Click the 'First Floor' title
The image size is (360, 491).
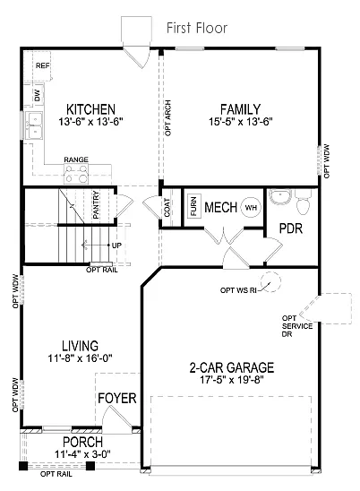[x=197, y=29]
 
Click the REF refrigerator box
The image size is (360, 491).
[x=41, y=66]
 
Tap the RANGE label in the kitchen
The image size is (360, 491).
[x=75, y=159]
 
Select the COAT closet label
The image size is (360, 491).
[x=167, y=207]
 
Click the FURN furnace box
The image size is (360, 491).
[x=193, y=207]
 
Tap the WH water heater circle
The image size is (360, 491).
[x=250, y=207]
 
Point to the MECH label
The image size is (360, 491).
[x=220, y=208]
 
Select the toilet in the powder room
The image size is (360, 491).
[x=303, y=204]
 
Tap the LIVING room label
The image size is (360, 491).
[x=80, y=345]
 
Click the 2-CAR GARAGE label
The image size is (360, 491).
[x=231, y=367]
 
